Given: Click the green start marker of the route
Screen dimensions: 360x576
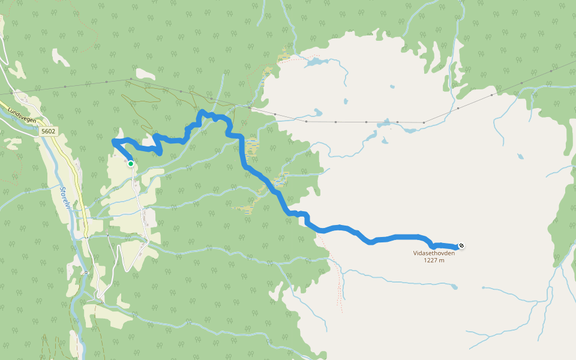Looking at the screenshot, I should (x=130, y=163).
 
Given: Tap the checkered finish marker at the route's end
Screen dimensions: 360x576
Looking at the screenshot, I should (x=461, y=245).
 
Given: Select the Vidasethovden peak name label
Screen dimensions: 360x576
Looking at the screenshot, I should (x=433, y=253).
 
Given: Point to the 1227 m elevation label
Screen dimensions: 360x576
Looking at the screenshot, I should (x=433, y=260).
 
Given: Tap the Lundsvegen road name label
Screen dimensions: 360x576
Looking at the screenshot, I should (x=23, y=116).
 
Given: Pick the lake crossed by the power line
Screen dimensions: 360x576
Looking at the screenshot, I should (x=385, y=124).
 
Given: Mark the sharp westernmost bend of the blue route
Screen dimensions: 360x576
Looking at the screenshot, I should (x=113, y=141).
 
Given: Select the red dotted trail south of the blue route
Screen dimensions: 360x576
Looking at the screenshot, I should (x=340, y=282).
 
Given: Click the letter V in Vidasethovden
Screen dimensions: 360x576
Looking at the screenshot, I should (x=415, y=253).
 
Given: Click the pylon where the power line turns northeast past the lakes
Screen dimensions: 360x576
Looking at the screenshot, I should (x=424, y=122).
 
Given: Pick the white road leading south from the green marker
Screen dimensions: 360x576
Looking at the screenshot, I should (x=138, y=192).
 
